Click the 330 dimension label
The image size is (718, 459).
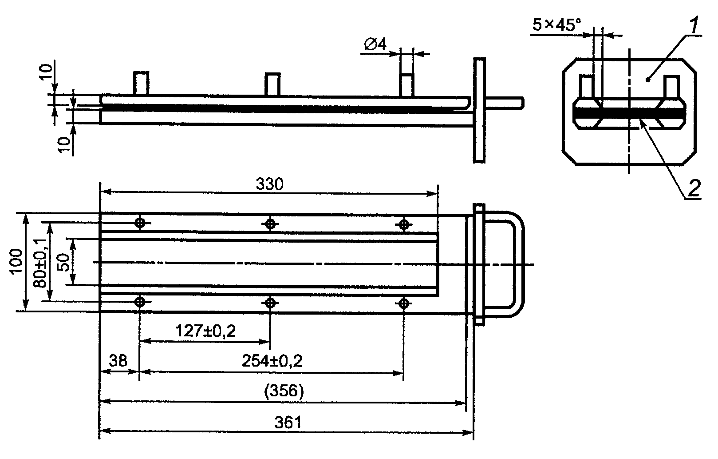[x=269, y=184]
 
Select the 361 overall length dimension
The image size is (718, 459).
[x=288, y=423]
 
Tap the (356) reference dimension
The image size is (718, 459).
[x=284, y=391]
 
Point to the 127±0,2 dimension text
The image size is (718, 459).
[x=205, y=331]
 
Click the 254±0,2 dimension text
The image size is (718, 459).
[x=272, y=361]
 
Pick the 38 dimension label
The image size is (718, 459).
[x=118, y=361]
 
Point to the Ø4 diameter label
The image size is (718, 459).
[x=375, y=44]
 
